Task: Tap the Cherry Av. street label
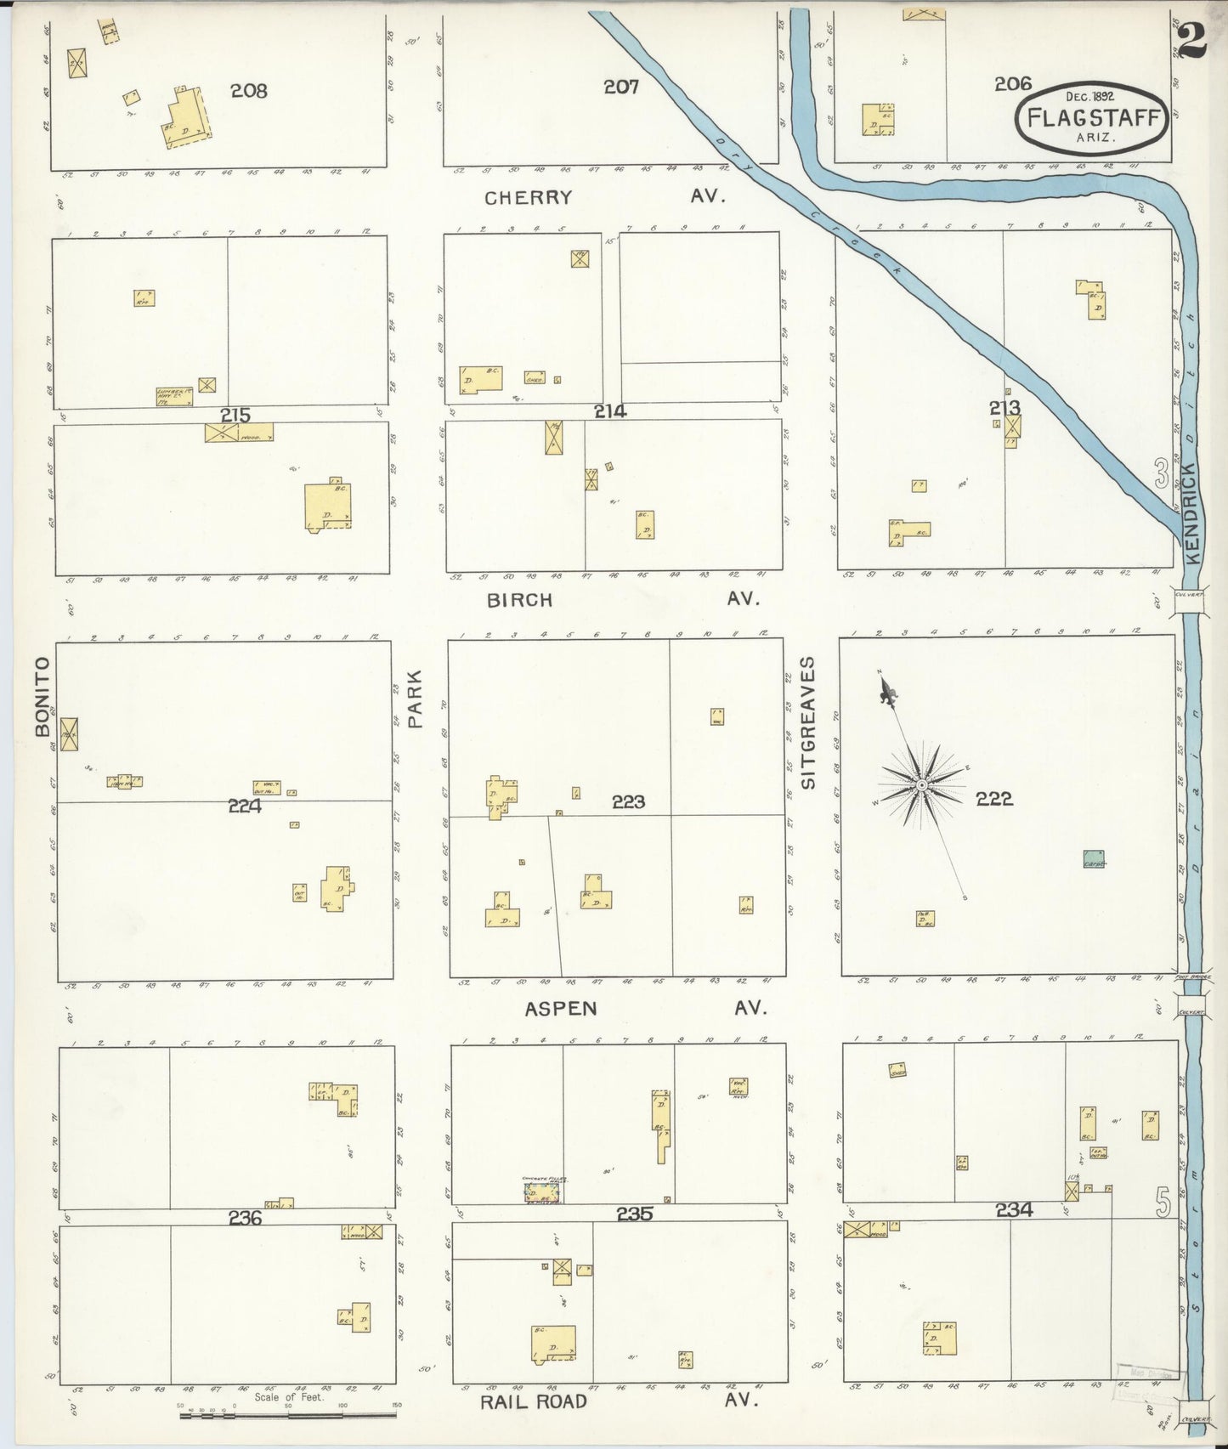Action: [x=604, y=197]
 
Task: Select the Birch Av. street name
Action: [x=621, y=599]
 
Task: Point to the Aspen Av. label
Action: [x=645, y=1008]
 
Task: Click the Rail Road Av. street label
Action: [x=613, y=1401]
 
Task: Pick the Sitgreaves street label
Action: [x=807, y=722]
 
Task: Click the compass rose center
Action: [x=920, y=786]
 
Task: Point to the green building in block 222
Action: [x=1094, y=858]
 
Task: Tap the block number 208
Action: [x=249, y=90]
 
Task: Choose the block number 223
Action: [x=628, y=801]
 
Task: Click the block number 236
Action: [x=245, y=1218]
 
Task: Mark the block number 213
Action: [x=1004, y=409]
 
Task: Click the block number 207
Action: [x=621, y=86]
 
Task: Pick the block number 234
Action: [x=1014, y=1209]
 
